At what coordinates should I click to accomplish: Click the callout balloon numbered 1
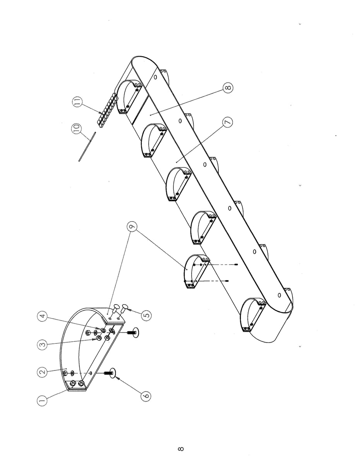point(43,400)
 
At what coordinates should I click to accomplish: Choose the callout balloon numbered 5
point(146,315)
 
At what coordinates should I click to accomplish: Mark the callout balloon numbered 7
point(228,122)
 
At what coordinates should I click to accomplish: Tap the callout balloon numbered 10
point(76,128)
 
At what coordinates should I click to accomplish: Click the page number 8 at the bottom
point(180,449)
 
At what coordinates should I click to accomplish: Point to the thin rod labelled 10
point(87,146)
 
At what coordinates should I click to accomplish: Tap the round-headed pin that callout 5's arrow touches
point(125,308)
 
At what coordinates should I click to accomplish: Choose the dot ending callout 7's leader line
point(177,161)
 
